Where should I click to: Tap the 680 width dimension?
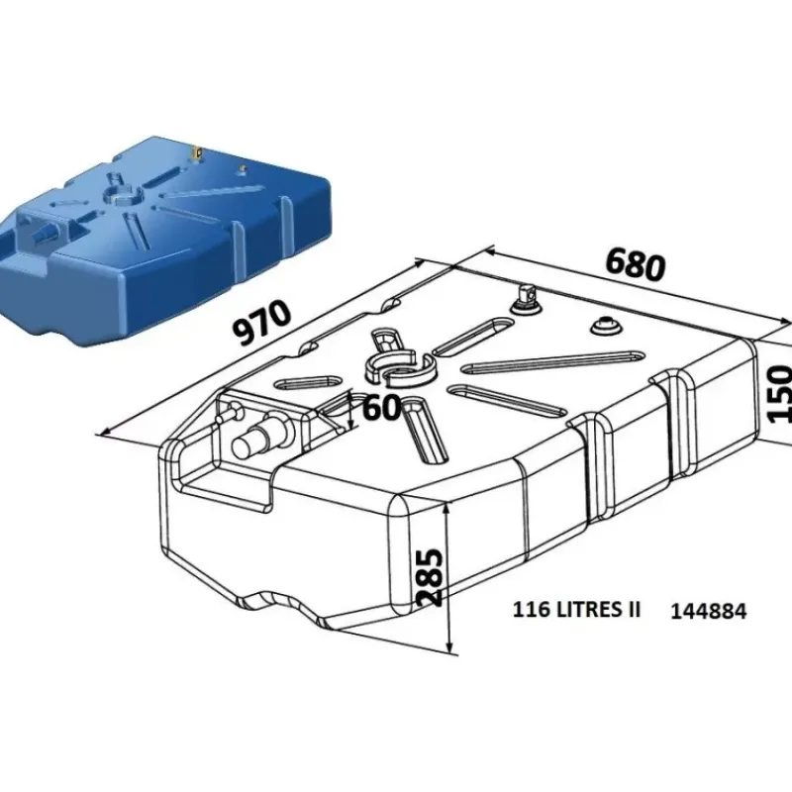tap(635, 263)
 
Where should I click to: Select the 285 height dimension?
tap(431, 577)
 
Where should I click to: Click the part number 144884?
tap(708, 612)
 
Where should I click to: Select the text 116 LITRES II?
tap(576, 610)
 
